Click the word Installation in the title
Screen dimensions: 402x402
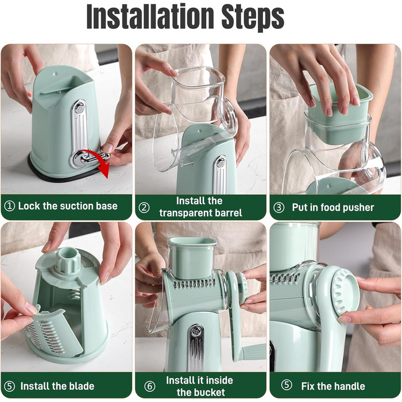[150, 17]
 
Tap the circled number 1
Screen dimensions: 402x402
[10, 206]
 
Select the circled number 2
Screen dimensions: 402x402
[144, 207]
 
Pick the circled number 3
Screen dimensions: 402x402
[279, 207]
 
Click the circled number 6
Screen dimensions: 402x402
[150, 386]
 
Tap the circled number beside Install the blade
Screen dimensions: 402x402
[10, 386]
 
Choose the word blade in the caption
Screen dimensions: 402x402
[81, 386]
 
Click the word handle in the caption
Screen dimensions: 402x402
[349, 386]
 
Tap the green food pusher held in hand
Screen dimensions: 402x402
[339, 114]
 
